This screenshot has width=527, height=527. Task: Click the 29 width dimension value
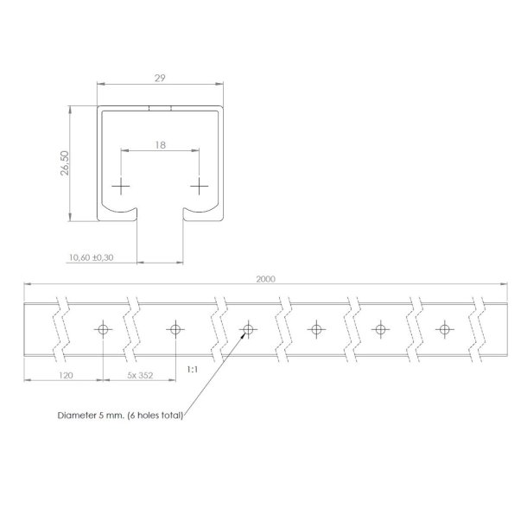tap(161, 77)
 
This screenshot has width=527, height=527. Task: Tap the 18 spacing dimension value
tap(161, 146)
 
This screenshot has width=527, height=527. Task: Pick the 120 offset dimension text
tap(63, 375)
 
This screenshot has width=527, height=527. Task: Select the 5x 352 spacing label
tap(140, 375)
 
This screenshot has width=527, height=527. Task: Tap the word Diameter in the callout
tap(77, 415)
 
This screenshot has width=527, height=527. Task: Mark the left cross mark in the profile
tap(123, 186)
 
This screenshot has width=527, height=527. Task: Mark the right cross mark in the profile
tap(200, 186)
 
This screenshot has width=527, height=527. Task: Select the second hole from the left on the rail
tap(175, 329)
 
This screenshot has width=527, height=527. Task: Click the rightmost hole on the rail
tap(444, 329)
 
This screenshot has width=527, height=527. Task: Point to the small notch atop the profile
tap(161, 109)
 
